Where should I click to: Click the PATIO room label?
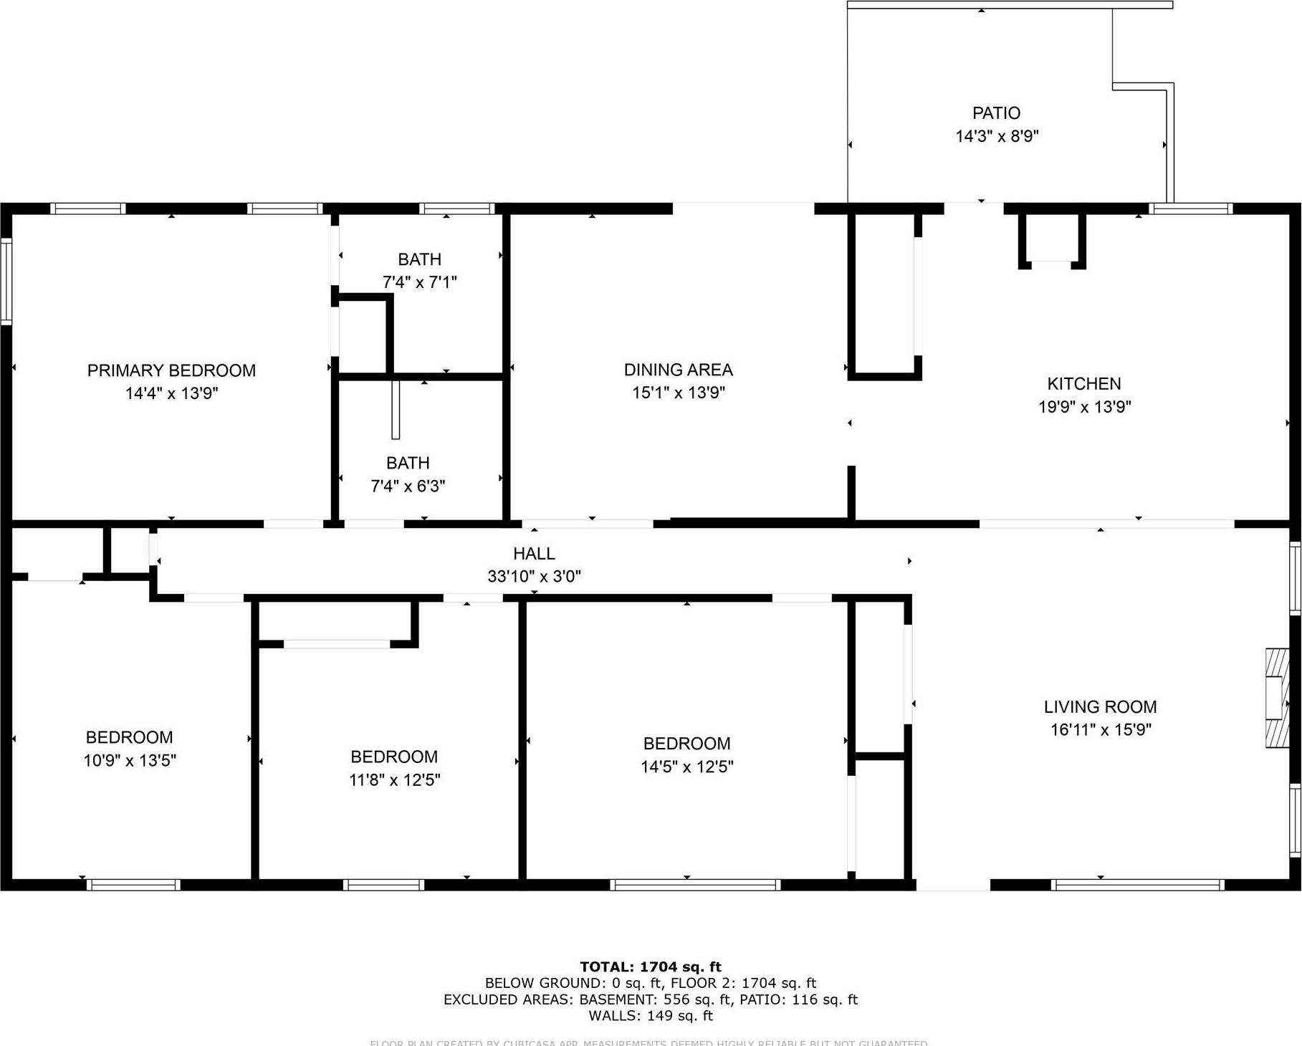coord(996,113)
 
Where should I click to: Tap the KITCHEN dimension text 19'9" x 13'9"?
coord(1084,407)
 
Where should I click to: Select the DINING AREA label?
coord(678,370)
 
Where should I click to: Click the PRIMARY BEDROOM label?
coord(171,370)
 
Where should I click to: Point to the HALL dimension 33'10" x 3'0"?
coord(534,576)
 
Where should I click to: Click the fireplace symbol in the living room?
coord(1277,699)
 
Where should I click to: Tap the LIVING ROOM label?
coord(1100,707)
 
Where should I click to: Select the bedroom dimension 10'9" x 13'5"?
coord(130,760)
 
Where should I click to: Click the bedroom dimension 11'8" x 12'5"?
coord(394,779)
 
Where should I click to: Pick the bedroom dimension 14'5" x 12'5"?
coord(686,767)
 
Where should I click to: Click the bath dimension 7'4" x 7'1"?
coord(419,282)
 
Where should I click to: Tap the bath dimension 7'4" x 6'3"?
coord(408,486)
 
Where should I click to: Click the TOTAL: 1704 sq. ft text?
coord(650,966)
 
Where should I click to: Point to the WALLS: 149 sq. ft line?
coord(650,1015)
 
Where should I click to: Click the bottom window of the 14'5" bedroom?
coord(694,885)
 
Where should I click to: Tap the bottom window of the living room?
coord(1137,885)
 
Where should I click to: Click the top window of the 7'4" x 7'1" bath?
coord(456,208)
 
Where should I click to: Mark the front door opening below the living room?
coord(953,886)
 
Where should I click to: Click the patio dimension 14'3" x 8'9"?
coord(996,136)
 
